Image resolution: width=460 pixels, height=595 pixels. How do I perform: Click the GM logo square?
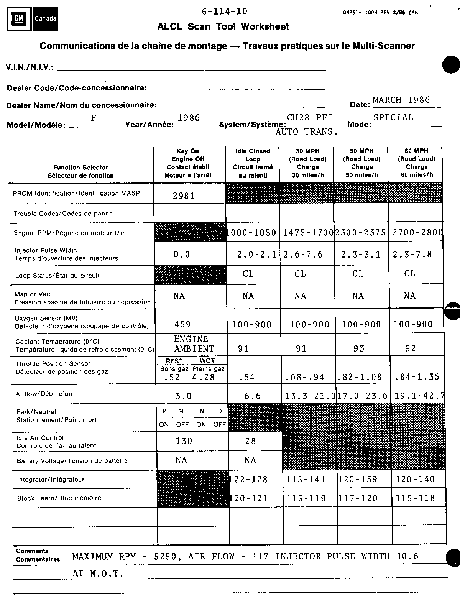coord(18,19)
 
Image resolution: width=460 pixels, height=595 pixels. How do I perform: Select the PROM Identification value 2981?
coord(184,196)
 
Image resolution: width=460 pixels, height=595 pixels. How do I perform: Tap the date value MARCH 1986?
coord(401,100)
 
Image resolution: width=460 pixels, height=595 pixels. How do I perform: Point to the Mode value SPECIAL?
coord(393,117)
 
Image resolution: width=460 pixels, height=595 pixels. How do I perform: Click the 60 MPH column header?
coord(416,163)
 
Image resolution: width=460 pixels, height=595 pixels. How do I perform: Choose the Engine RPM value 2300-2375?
coord(361,232)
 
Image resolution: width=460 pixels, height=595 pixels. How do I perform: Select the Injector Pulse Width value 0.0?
coord(182,255)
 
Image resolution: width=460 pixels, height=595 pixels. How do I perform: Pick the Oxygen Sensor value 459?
coord(182,324)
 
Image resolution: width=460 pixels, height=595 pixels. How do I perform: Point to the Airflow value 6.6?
coord(253,396)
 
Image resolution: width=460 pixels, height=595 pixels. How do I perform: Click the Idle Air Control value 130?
coord(184,441)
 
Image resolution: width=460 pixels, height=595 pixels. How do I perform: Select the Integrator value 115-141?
coord(306,479)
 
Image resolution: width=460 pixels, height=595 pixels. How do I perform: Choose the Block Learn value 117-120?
coord(358,498)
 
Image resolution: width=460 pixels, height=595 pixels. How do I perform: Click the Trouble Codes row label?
coord(63,214)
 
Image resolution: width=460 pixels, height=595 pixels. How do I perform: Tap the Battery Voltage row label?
coord(72,461)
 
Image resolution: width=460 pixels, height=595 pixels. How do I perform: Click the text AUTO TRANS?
coord(306,132)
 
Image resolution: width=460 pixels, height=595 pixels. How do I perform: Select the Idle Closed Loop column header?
coord(253,163)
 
